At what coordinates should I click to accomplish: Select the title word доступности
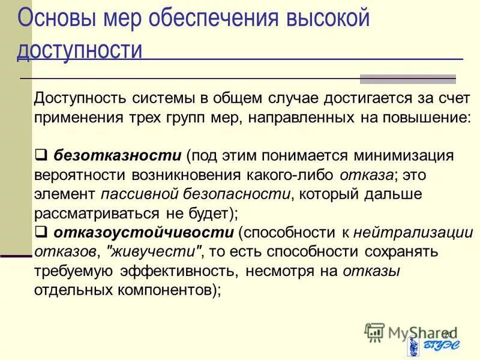pos(79,50)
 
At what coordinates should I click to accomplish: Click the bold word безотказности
pos(118,156)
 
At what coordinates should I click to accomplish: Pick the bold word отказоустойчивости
pos(143,232)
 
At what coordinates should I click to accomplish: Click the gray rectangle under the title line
pos(407,79)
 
